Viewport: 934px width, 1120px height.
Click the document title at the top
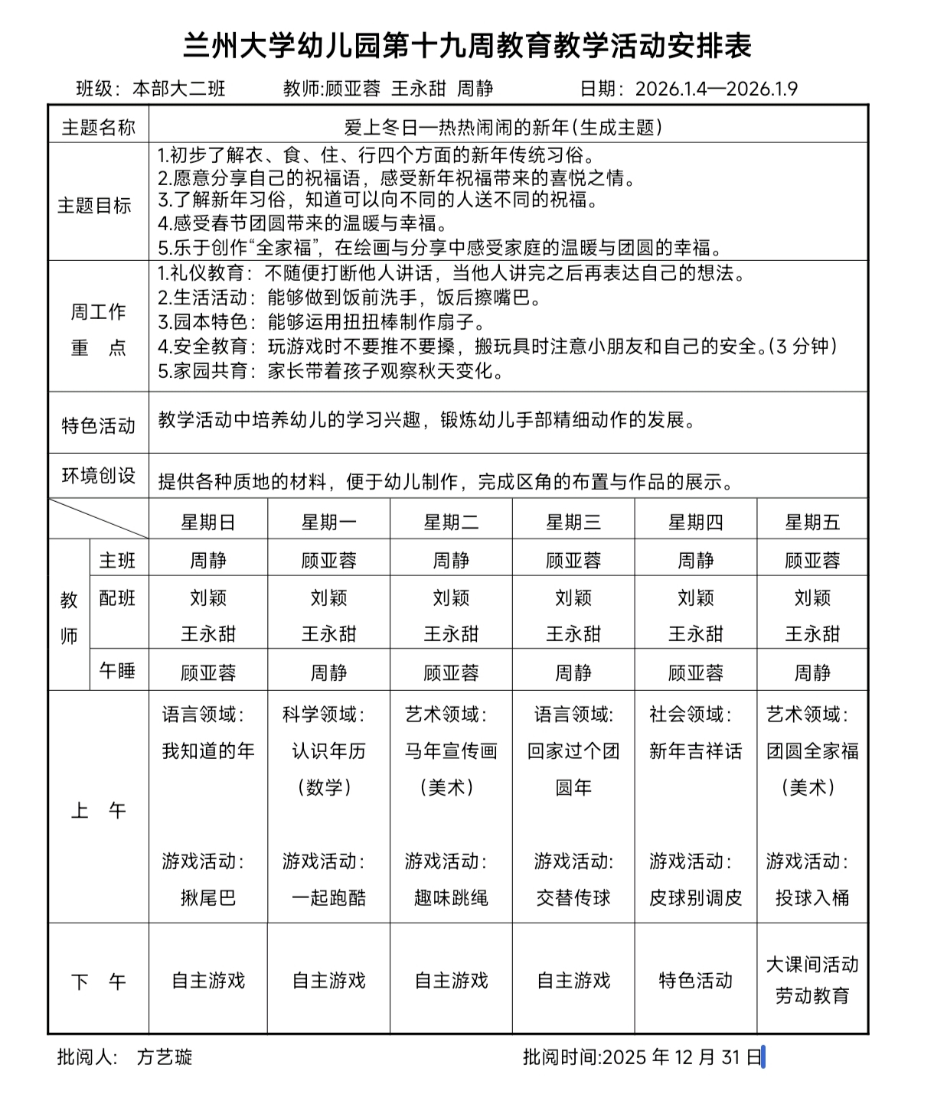tap(467, 46)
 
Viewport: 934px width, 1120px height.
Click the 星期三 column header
tap(573, 523)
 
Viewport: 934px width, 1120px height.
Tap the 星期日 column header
tap(207, 523)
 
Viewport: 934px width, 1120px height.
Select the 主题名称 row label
tap(98, 127)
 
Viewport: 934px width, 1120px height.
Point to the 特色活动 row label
tap(98, 425)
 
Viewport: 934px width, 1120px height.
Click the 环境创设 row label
tap(98, 476)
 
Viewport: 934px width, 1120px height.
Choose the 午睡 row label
tap(117, 671)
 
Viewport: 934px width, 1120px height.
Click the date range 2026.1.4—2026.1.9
tap(716, 89)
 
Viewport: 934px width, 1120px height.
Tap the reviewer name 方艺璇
tap(165, 1057)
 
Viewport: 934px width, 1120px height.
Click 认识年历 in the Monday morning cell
tap(329, 751)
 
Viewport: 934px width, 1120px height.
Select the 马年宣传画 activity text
tap(451, 751)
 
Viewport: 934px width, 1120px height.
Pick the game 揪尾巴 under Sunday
tap(207, 897)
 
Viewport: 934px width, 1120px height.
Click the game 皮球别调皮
tap(695, 897)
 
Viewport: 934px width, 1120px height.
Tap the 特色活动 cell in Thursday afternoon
tap(695, 981)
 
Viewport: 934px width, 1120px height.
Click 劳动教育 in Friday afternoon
tap(812, 996)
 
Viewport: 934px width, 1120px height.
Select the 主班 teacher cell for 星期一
tap(329, 561)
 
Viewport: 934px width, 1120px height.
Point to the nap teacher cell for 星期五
tap(812, 673)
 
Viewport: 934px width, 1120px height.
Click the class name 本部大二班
tap(179, 89)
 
